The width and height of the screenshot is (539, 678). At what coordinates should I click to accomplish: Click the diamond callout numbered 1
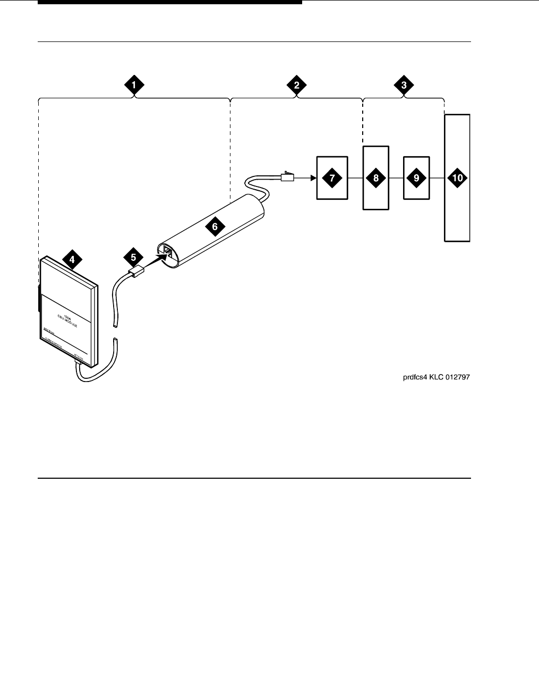[134, 84]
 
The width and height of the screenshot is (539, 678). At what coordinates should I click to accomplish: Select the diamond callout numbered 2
[296, 84]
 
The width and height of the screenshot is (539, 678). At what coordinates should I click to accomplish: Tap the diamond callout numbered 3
[404, 84]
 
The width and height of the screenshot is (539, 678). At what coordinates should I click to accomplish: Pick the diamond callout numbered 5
[133, 257]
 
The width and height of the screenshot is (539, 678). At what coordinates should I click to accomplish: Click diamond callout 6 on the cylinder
[215, 226]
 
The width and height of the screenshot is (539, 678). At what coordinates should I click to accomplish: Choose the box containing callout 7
[332, 178]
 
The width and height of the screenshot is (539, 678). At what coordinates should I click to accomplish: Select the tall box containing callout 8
[376, 178]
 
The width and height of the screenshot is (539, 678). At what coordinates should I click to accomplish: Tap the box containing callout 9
[416, 178]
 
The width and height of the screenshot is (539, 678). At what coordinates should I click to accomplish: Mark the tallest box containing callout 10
[457, 178]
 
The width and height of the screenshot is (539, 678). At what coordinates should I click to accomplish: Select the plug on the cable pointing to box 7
[287, 177]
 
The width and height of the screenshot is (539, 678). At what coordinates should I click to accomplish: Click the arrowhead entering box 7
[313, 178]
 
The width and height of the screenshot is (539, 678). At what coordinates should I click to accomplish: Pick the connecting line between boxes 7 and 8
[355, 178]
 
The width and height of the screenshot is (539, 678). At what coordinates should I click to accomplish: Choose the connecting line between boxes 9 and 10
[437, 178]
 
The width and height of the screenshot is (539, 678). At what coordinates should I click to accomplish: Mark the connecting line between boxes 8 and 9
[396, 178]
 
